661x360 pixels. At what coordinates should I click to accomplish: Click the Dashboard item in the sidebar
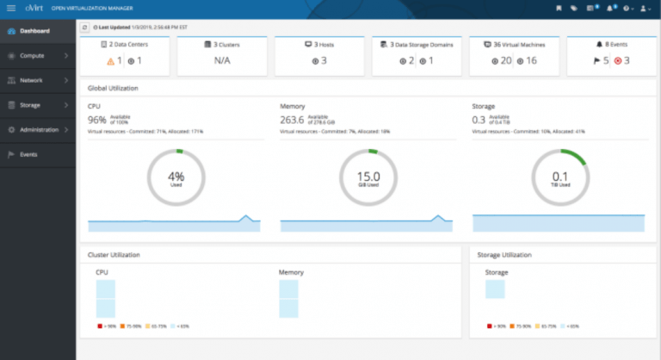(x=34, y=31)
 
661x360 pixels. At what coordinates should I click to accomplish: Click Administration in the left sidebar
(x=38, y=130)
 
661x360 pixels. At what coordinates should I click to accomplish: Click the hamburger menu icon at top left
(x=12, y=8)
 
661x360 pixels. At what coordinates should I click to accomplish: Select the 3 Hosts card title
(x=320, y=43)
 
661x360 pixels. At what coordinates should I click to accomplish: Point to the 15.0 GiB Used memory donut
(x=368, y=177)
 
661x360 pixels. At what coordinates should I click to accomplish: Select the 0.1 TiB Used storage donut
(x=559, y=177)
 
